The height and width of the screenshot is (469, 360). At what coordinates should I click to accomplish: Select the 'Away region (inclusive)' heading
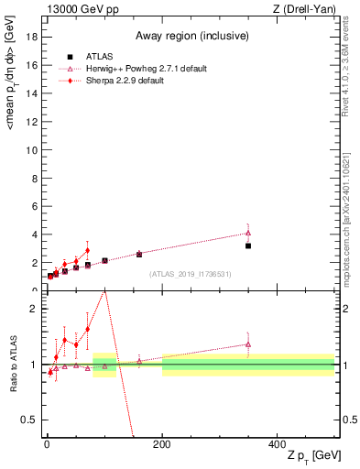(x=190, y=36)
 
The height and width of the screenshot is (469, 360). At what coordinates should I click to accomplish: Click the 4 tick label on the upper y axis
(x=35, y=234)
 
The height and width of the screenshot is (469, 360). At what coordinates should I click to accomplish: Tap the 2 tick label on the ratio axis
(x=35, y=309)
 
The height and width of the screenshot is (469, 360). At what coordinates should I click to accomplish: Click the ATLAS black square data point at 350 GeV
(x=248, y=245)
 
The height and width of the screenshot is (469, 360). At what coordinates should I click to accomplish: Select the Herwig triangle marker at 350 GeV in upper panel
(x=248, y=233)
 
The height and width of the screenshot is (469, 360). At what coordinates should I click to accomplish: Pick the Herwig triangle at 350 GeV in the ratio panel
(x=248, y=344)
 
